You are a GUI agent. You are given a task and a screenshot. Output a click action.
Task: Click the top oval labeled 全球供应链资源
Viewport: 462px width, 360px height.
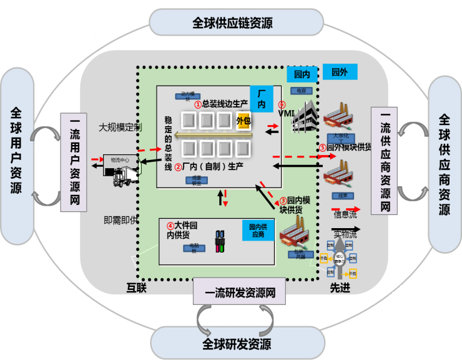232,23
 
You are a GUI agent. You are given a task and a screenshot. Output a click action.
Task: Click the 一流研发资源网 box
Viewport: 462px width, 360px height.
239,291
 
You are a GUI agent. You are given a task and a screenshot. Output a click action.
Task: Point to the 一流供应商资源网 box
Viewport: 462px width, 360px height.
385,161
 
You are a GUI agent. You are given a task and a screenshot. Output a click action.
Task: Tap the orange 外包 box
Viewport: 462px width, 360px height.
243,120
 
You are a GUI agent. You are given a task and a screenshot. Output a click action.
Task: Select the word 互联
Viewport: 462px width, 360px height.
137,287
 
